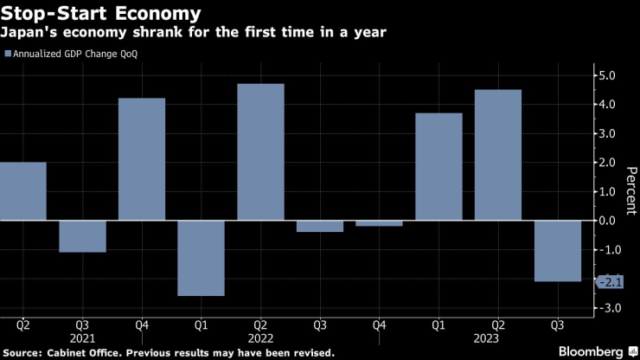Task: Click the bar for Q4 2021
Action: (x=141, y=159)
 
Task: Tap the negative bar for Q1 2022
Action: (x=201, y=258)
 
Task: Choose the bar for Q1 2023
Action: (x=438, y=166)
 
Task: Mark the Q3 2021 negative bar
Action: (x=82, y=236)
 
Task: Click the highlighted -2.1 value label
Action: (x=610, y=281)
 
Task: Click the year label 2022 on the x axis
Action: (x=260, y=340)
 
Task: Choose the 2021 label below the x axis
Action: (x=82, y=340)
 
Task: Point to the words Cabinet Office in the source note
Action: (x=77, y=352)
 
